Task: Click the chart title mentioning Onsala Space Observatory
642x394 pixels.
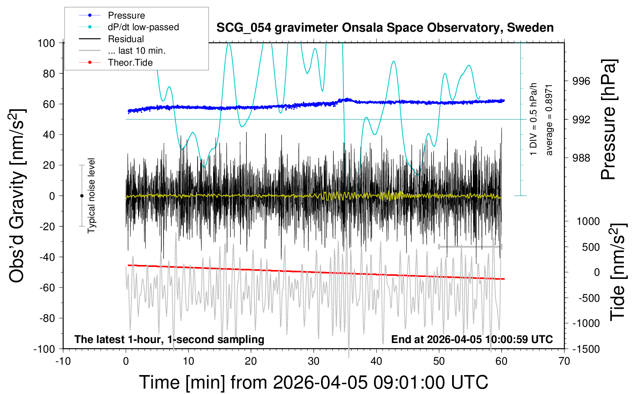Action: pos(385,28)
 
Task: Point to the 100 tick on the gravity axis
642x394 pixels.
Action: pos(46,43)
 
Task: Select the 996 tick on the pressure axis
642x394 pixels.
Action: pos(581,82)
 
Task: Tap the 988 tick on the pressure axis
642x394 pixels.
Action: pos(581,158)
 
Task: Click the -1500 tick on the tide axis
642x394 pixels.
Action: pos(586,349)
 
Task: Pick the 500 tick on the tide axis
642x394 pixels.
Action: pos(591,247)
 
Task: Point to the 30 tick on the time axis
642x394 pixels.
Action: pos(314,361)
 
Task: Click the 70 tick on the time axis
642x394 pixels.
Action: pos(564,361)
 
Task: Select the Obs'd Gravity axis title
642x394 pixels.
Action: pos(17,196)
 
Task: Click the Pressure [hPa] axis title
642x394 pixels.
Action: pos(609,120)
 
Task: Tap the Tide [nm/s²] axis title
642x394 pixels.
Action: pos(618,272)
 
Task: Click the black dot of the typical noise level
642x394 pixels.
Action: pos(82,196)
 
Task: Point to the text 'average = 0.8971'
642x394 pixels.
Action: pos(549,120)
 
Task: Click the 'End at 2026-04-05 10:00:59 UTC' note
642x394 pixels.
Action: pos(472,339)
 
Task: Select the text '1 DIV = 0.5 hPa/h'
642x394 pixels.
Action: pos(533,119)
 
